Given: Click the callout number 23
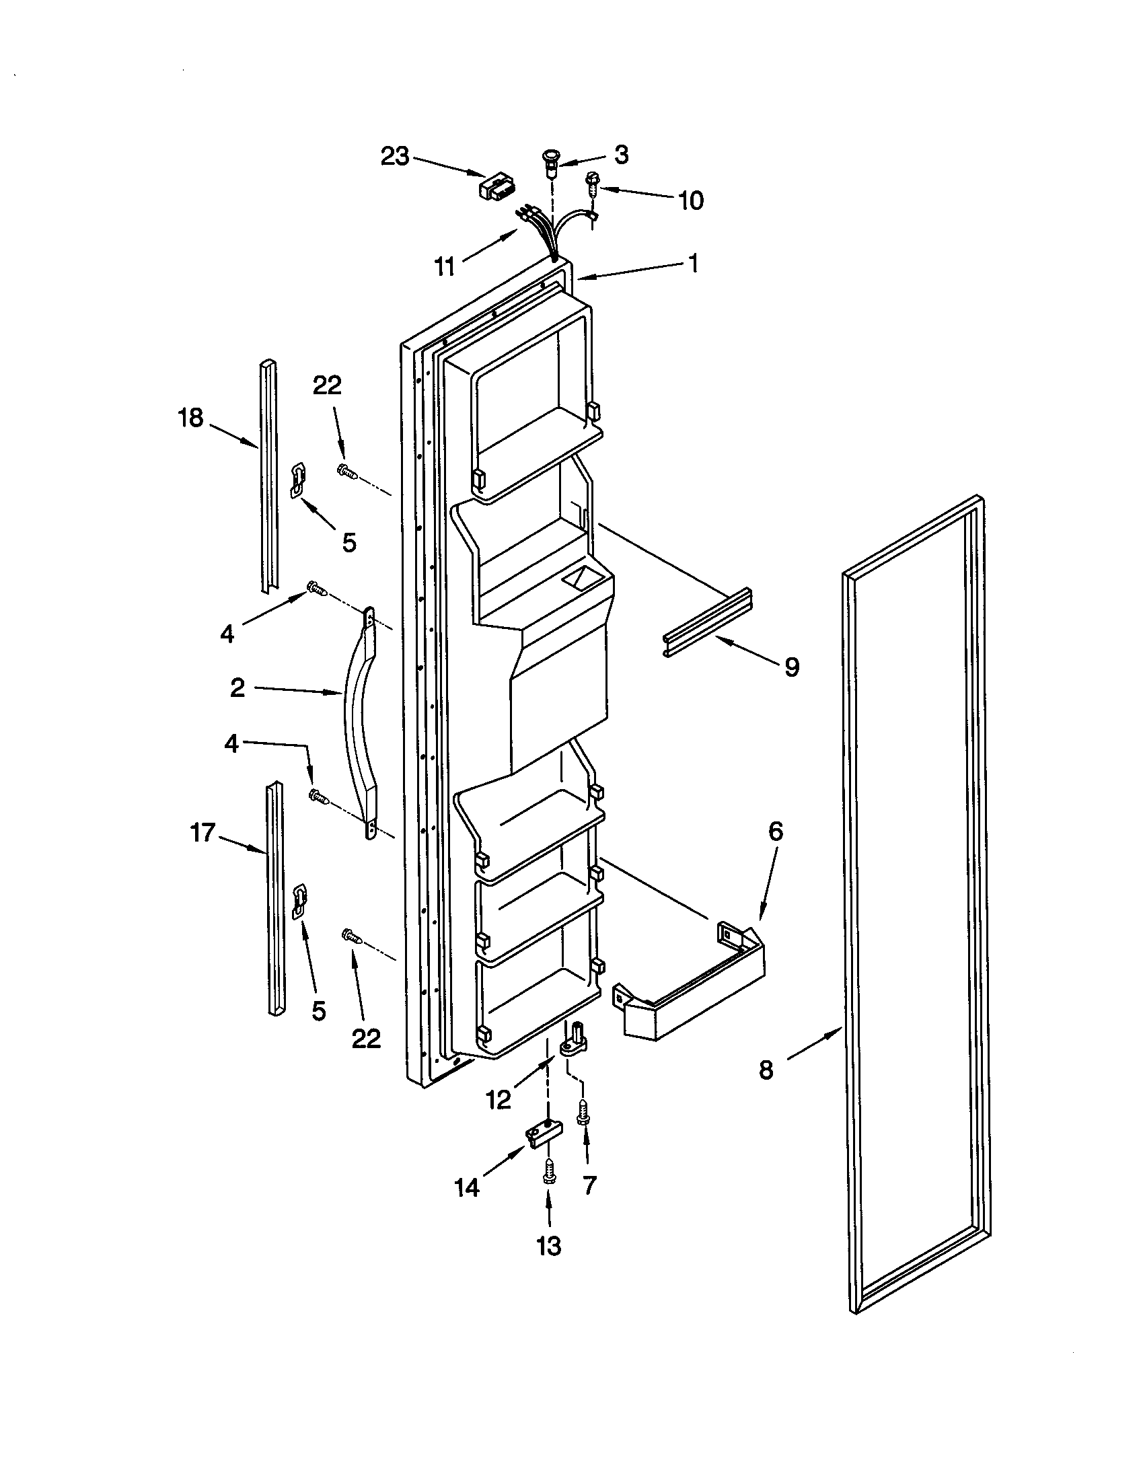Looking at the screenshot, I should [395, 157].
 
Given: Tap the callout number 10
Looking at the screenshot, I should [690, 200].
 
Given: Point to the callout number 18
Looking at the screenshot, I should [190, 418].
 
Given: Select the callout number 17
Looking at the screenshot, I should [203, 832].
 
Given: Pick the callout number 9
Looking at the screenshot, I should [792, 667].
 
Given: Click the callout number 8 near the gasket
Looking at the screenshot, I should [766, 1070].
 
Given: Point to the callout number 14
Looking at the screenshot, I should [467, 1187].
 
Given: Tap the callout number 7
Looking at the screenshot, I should [589, 1185].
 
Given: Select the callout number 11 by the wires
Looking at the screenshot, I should [445, 267].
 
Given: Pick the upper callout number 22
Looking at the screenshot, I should [326, 385].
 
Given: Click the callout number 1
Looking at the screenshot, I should [692, 263].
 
